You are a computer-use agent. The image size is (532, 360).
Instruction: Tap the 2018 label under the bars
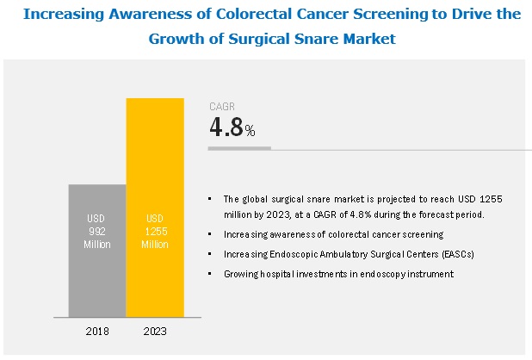pos(97,331)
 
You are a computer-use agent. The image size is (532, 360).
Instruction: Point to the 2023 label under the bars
pos(155,331)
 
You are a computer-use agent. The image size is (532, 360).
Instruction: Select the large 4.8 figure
pos(226,128)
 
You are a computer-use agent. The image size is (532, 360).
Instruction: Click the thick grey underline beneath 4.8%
pos(240,148)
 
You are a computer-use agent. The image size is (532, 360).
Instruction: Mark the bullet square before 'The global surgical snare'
pos(209,199)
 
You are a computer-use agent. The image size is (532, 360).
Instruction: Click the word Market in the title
pos(372,39)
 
